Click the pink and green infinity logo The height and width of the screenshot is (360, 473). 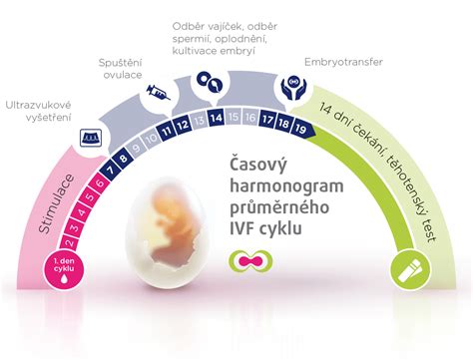(x=242, y=262)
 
